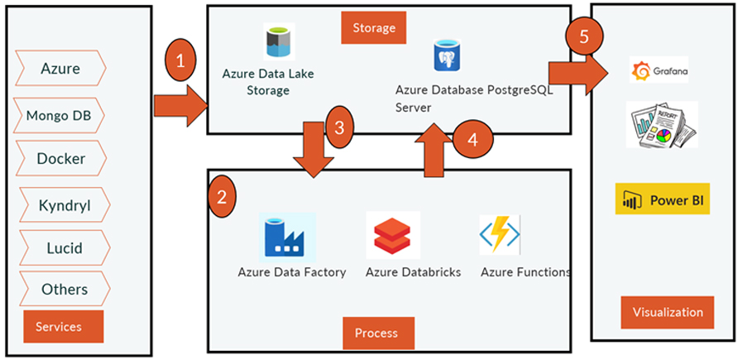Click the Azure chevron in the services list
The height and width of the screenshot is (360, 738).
coord(60,68)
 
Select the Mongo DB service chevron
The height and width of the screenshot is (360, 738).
coord(59,114)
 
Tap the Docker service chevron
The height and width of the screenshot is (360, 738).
coord(60,158)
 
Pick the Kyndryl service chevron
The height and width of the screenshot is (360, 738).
coord(62,204)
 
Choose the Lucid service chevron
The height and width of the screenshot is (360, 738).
coord(63,247)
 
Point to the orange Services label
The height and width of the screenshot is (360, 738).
coord(64,326)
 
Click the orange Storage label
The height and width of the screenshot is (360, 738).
coord(374,28)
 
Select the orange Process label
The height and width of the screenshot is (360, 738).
coord(376,333)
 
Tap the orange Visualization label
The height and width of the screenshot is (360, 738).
coord(667,312)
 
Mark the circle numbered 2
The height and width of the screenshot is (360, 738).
coord(221,197)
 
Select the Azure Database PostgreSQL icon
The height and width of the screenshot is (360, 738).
coord(448,57)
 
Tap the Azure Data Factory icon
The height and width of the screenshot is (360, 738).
coord(286,237)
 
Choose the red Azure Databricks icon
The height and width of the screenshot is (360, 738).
coord(394,237)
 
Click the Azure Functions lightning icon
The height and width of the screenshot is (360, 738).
coord(500,235)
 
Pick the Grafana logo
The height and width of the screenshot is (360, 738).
coord(659,71)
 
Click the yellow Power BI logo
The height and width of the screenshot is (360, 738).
coord(662,199)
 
